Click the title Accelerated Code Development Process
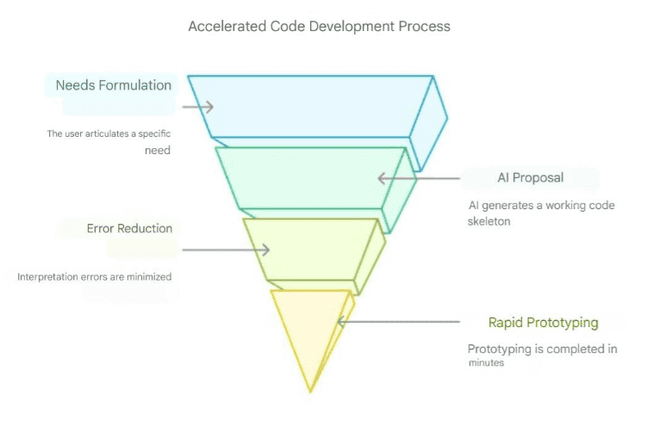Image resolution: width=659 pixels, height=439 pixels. coord(319,27)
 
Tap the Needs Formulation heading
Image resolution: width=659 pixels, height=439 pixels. coord(114,85)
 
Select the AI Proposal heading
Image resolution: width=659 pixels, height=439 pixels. coord(531,177)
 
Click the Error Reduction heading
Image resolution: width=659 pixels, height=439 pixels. coord(129,228)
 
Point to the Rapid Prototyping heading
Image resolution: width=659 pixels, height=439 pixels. coord(543,323)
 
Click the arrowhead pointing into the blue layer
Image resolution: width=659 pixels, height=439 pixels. coord(208,107)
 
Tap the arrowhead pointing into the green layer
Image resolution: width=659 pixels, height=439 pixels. coord(382,178)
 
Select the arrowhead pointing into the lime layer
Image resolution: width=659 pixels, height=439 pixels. coord(265,250)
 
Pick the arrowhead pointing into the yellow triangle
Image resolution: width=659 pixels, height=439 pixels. coord(341,322)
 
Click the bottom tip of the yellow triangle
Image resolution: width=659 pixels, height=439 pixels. coord(311,392)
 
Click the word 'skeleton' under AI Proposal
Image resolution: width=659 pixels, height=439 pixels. coord(488,221)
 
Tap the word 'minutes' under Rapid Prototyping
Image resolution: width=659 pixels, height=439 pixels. coord(486,362)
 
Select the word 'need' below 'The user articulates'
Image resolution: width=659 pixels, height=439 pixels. coord(158,151)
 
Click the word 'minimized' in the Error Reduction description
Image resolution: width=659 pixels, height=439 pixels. coord(149,277)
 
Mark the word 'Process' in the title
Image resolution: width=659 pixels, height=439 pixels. coord(424,27)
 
